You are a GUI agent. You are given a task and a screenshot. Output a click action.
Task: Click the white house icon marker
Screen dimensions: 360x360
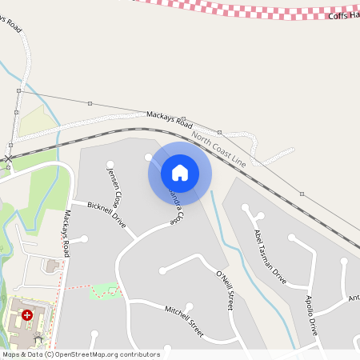pos(180,173)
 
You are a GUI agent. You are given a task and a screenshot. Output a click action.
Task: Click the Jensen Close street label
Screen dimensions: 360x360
pos(117,184)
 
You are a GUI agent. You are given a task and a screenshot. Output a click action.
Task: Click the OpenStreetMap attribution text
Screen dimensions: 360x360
pos(80,354)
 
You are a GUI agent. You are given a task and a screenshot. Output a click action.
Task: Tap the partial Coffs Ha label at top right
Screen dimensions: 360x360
pos(343,15)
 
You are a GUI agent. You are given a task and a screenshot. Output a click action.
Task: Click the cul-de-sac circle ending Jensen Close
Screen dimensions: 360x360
pos(110,165)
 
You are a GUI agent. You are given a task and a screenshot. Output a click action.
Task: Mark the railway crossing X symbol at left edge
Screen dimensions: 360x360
pos(8,158)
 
